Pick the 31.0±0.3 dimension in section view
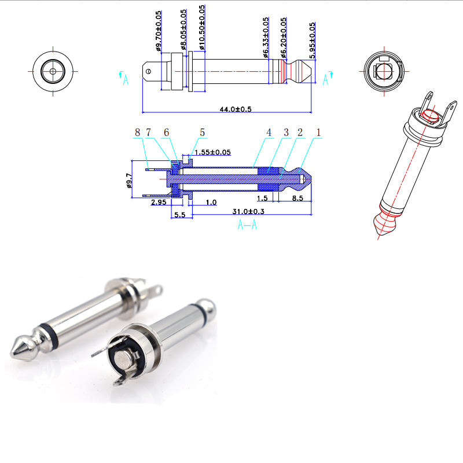248,211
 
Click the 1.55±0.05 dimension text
212,152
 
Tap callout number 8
137,133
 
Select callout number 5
202,133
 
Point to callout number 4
269,133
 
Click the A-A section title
247,225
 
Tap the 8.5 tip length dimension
297,198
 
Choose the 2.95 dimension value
159,203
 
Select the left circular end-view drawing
53,71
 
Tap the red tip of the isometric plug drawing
384,223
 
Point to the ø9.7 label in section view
128,183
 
